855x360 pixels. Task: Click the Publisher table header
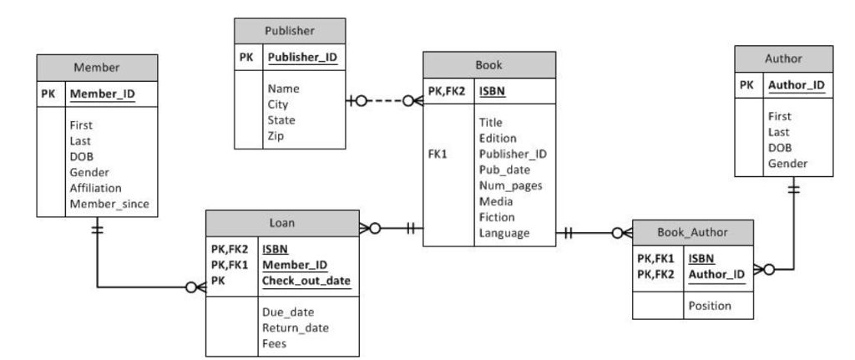pyautogui.click(x=289, y=32)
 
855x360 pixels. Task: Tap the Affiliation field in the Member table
pyautogui.click(x=96, y=188)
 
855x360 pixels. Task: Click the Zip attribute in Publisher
pyautogui.click(x=276, y=134)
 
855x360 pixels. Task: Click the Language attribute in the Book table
pyautogui.click(x=504, y=233)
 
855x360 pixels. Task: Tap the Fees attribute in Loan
pyautogui.click(x=276, y=342)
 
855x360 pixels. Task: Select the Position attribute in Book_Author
pyautogui.click(x=710, y=306)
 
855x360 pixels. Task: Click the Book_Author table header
pyautogui.click(x=693, y=231)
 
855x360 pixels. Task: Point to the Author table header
pyautogui.click(x=783, y=58)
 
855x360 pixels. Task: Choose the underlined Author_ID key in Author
pyautogui.click(x=796, y=84)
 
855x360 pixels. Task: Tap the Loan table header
pyautogui.click(x=281, y=222)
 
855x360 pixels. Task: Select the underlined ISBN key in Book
pyautogui.click(x=493, y=90)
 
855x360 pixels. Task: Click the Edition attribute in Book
pyautogui.click(x=498, y=138)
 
